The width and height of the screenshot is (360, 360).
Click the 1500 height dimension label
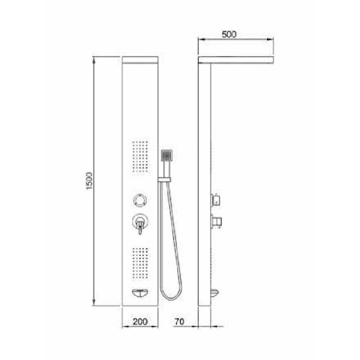89,181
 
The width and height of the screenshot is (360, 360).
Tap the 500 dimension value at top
229,34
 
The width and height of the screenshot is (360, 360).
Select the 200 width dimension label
140,322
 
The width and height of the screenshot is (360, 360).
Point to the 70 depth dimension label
179,322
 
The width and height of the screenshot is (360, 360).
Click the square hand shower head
167,155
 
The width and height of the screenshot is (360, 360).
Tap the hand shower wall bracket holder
164,179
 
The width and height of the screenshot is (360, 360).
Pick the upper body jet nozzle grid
140,156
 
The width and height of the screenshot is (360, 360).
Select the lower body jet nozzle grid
140,263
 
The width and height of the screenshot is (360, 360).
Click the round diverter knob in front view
140,200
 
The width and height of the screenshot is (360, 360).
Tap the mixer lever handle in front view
140,226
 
